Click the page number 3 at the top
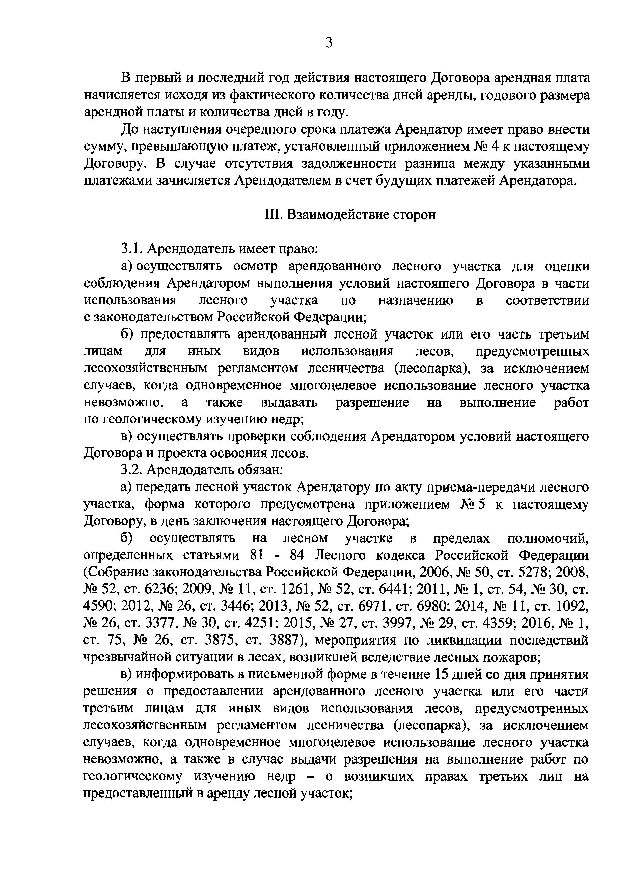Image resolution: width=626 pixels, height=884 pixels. (x=329, y=42)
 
